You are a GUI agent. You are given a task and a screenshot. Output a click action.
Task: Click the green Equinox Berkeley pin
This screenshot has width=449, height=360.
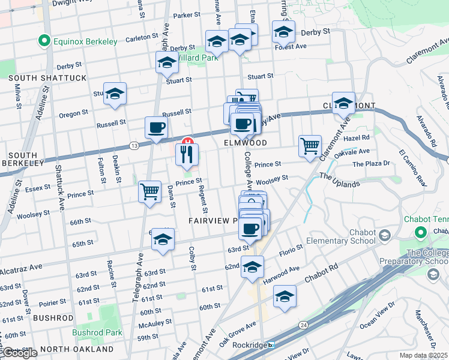tap(43, 41)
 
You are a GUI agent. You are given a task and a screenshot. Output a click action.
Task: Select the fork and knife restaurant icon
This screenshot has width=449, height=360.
tap(187, 155)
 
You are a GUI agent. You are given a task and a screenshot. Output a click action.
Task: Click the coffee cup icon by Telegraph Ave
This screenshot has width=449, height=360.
tap(156, 128)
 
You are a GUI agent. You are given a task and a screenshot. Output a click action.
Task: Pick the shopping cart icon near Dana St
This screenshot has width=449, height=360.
tap(149, 192)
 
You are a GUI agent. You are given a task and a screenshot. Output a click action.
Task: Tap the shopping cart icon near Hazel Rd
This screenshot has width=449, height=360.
tap(310, 145)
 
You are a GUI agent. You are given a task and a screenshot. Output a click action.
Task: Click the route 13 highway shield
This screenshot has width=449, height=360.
tap(133, 146)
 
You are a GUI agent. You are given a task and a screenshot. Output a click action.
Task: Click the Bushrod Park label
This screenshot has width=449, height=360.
tap(97, 332)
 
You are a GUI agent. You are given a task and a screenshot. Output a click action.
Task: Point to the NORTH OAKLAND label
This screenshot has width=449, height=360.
tap(77, 349)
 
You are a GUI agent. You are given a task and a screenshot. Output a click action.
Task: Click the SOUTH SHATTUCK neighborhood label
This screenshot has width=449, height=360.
tap(39, 78)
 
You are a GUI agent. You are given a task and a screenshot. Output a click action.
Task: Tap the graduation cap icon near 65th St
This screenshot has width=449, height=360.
tap(162, 240)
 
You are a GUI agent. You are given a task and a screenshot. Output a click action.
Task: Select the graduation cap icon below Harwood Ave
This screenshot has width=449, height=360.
tap(284, 296)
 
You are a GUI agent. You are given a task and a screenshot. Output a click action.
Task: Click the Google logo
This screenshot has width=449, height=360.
tap(19, 353)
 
